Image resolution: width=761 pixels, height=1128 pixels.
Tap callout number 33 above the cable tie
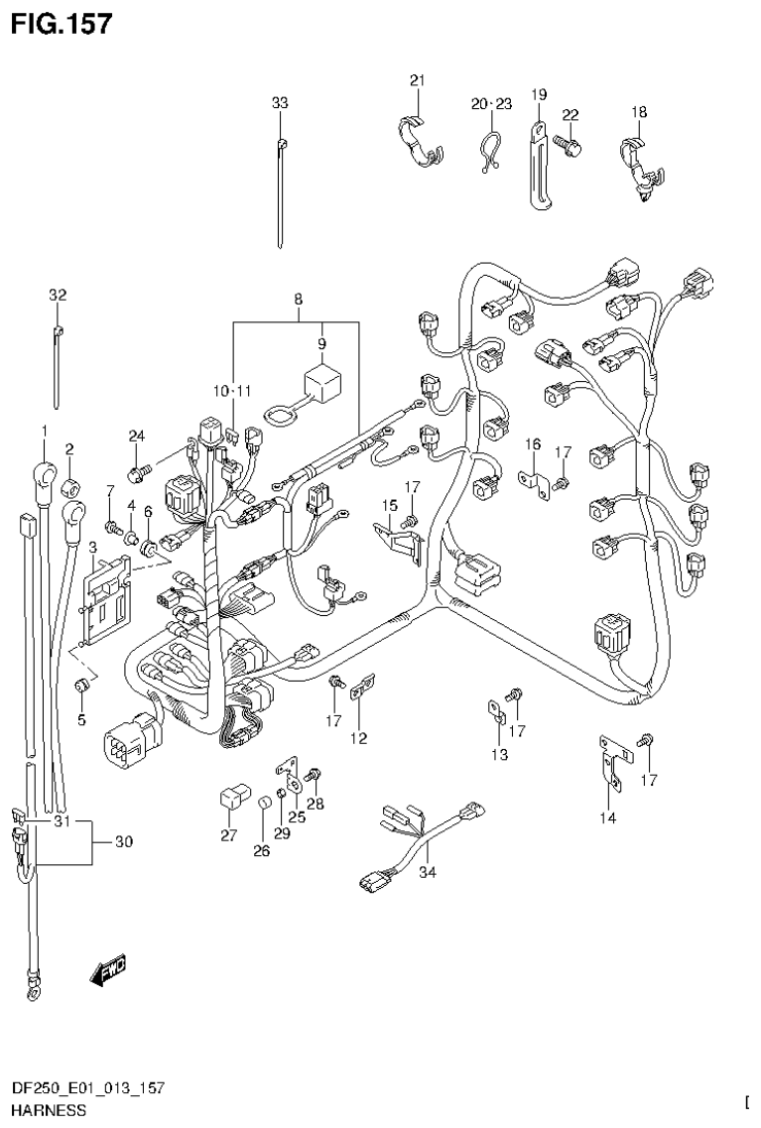point(280,102)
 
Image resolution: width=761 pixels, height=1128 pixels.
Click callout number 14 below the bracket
point(608,818)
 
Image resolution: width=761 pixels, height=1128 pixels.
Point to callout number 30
point(123,842)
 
